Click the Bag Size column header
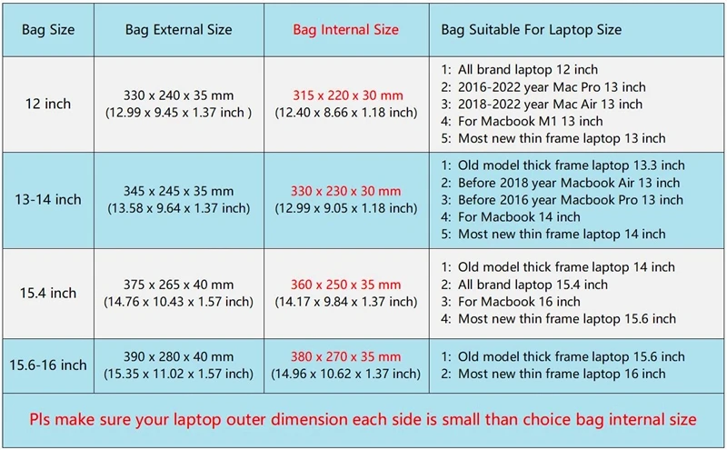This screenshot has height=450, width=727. pos(48,30)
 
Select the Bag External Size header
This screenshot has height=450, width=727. pos(178,30)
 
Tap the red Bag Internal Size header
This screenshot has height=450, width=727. pos(346,30)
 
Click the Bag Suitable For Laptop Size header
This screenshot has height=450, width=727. pos(532,30)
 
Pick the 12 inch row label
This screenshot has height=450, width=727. pos(48,104)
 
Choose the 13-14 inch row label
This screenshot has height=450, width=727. pos(48,199)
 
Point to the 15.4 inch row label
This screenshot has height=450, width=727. pos(48,294)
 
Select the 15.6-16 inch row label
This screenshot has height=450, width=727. pos(48,365)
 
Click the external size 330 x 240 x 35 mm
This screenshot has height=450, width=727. pos(178,95)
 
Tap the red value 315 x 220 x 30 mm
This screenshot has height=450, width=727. pos(348,95)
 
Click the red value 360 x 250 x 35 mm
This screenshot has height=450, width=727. pos(346,285)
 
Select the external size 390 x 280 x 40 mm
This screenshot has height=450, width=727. pos(178,356)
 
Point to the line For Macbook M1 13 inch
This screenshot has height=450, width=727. pos(531,121)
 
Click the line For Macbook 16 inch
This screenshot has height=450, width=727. pos(519,302)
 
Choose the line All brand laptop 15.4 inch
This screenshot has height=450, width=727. pos(533,285)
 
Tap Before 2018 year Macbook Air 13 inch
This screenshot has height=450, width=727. pos(569,183)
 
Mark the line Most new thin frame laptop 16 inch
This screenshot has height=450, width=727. pos(562,374)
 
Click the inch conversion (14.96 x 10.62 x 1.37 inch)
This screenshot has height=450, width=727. pos(346,374)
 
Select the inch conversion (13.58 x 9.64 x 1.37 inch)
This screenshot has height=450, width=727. pos(178,208)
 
